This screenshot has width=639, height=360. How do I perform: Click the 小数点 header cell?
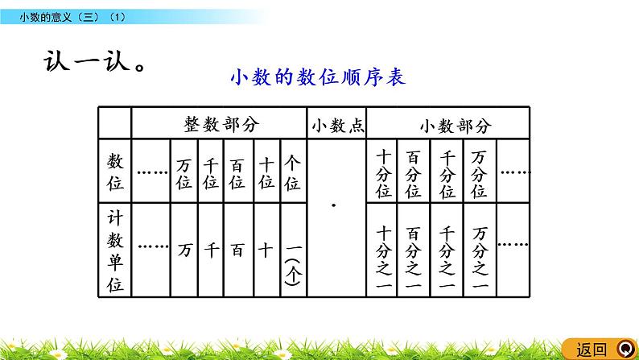336,124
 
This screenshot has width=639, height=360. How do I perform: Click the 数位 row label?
115,172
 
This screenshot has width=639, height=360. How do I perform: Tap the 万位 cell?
184,172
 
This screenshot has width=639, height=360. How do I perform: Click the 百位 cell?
238,172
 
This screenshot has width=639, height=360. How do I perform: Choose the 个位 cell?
292,172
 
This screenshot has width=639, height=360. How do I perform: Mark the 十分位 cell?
383,173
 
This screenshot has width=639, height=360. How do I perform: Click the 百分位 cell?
414,173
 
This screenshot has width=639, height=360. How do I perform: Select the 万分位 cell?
480,173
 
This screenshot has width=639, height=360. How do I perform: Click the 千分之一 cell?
447,250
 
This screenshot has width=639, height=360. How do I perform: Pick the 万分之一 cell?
480,250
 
